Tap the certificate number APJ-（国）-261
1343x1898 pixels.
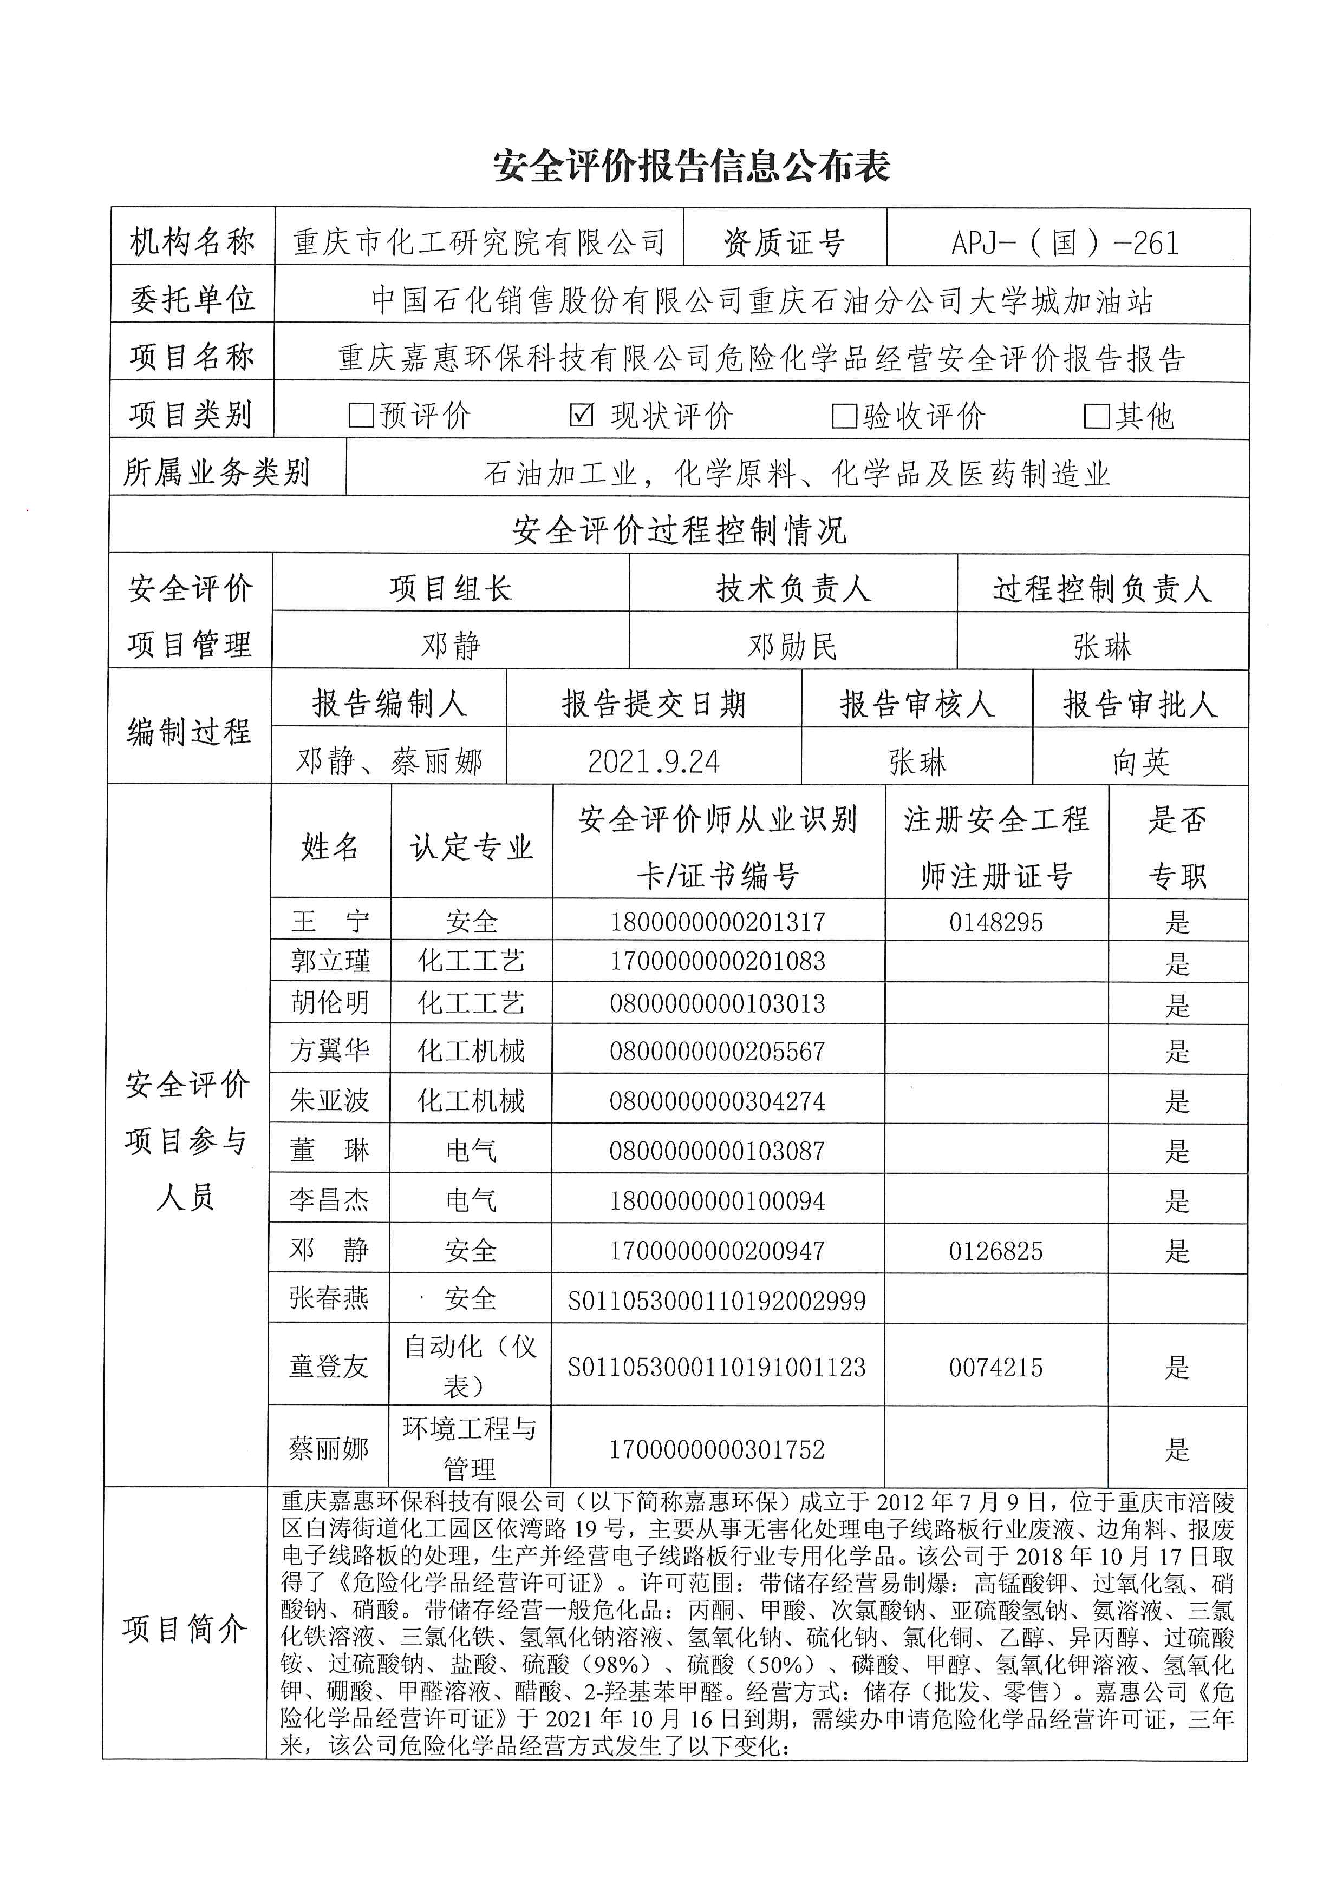[1065, 243]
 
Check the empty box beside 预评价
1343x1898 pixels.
[361, 415]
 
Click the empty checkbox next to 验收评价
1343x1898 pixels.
[844, 416]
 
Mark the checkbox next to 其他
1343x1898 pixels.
[1097, 416]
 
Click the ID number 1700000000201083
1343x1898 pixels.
[717, 961]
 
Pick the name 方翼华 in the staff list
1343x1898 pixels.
[329, 1050]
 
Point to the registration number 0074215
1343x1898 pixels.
[996, 1367]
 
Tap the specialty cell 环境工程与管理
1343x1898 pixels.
[470, 1448]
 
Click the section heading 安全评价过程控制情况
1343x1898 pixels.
[679, 530]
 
